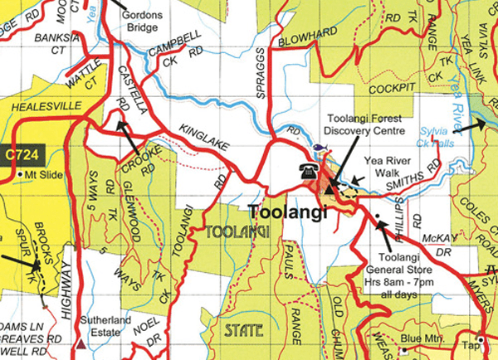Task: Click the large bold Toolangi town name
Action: point(287,212)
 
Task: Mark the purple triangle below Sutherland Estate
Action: point(81,342)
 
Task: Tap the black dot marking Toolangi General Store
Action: point(378,219)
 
